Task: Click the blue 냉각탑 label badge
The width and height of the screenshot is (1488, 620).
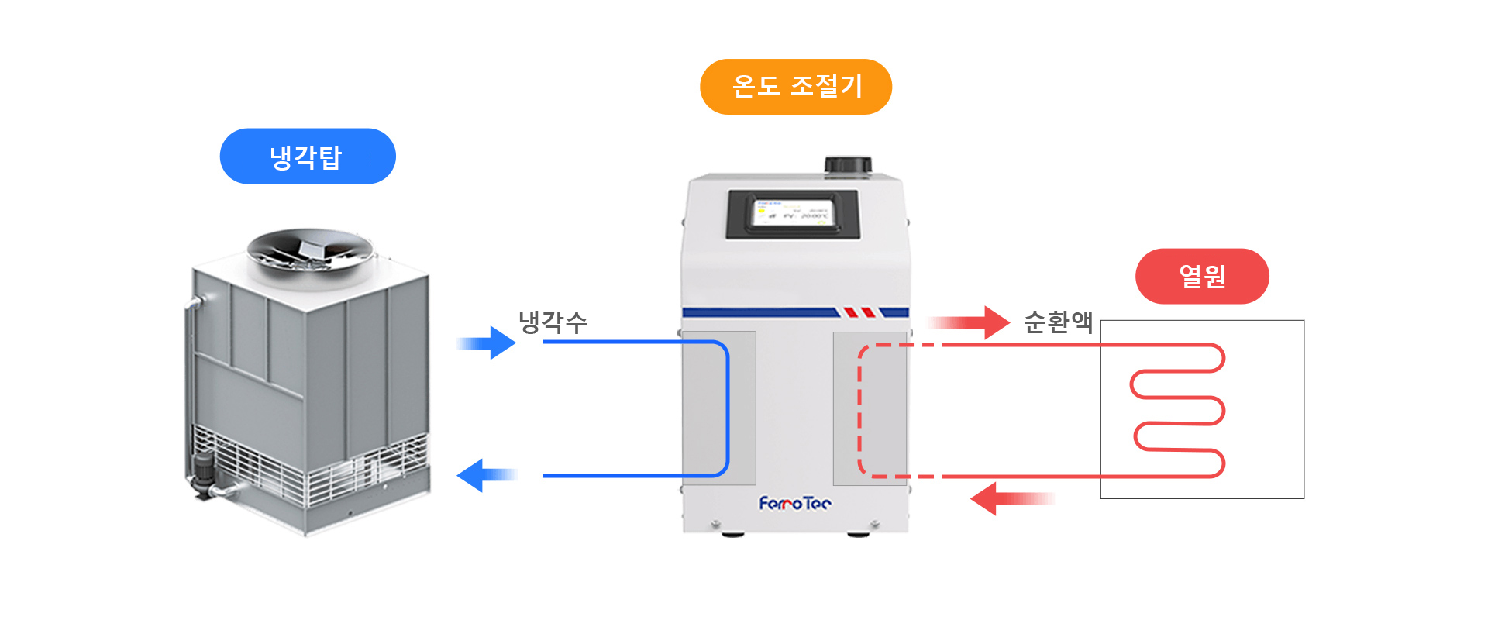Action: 308,157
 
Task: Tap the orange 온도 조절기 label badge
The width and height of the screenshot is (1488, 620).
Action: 796,87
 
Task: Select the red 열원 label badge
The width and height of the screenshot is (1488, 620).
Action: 1202,276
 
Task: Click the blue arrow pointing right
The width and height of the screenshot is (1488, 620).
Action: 488,343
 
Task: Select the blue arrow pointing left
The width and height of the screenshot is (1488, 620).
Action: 487,475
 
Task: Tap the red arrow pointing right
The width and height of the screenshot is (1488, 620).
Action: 970,322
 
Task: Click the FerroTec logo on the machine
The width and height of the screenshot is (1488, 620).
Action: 795,505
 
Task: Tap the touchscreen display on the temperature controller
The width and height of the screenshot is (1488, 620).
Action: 791,214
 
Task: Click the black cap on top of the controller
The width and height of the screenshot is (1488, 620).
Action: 848,165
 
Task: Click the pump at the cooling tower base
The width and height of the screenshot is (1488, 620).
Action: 205,473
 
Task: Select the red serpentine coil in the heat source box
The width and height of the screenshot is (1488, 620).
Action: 1178,411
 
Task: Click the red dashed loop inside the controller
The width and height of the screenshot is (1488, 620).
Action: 860,411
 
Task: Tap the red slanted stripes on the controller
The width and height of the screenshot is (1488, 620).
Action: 859,312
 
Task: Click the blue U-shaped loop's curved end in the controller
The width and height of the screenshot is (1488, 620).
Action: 727,409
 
